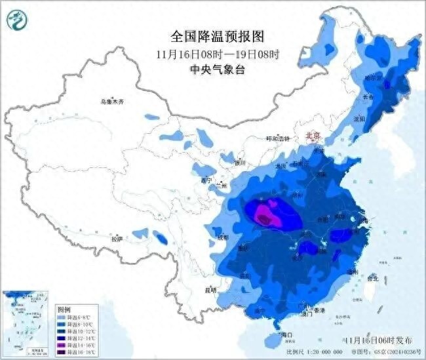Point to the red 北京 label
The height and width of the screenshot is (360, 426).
pyautogui.click(x=313, y=136)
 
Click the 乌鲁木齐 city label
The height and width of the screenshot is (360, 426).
pyautogui.click(x=112, y=102)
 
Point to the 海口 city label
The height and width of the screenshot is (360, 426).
pyautogui.click(x=285, y=335)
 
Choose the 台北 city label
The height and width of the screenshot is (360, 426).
pyautogui.click(x=372, y=278)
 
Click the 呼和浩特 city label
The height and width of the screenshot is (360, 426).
pyautogui.click(x=278, y=139)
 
